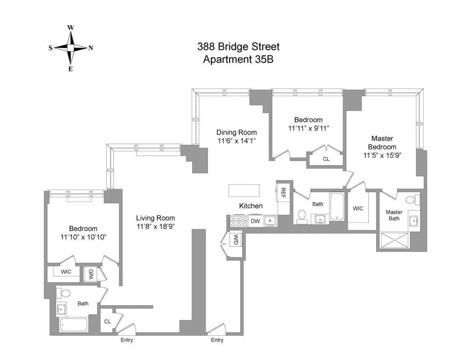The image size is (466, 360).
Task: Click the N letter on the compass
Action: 90,48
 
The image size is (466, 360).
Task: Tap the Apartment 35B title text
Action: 238,59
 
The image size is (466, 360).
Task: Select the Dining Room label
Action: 236,132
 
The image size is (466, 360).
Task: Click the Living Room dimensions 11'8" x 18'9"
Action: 155,226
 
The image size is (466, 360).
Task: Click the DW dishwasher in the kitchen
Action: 255,221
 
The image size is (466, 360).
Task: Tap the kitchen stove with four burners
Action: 237,221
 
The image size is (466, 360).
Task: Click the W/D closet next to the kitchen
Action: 235,240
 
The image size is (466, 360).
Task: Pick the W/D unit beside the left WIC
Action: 90,274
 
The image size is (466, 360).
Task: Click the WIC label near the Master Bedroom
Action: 358,208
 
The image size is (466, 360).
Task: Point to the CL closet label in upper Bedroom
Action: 326,159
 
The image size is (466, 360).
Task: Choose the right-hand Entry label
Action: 217,340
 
